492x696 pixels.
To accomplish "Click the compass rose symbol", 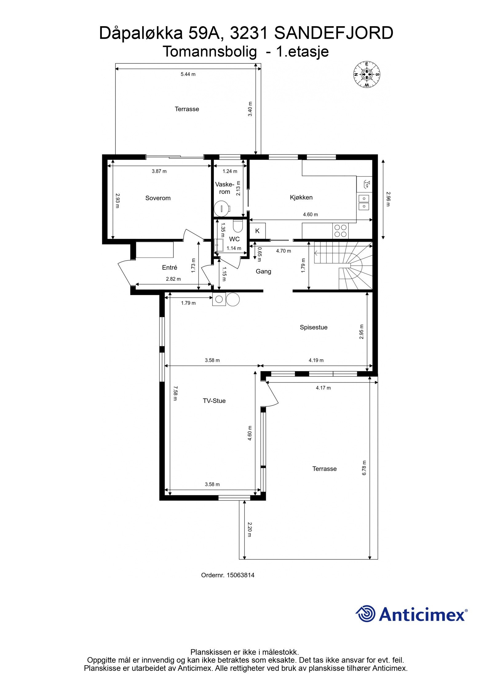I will point(366,74).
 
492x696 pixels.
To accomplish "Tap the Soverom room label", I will point(158,198).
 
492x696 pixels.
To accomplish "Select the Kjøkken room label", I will point(301,197).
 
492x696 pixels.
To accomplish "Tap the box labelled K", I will point(257,231).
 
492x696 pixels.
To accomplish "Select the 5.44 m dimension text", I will point(188,74).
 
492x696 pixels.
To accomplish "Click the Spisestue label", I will point(313,327).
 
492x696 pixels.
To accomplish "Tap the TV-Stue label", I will point(214,401).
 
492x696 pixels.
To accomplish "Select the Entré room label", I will point(169,268).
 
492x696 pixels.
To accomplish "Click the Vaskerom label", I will point(224,188).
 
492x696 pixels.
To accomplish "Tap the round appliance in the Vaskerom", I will point(221,208).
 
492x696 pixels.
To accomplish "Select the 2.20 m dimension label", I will point(249,529).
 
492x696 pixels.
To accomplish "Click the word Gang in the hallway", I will point(264,271).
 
